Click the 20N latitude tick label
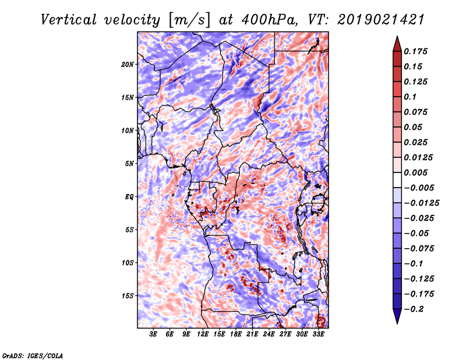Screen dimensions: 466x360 [x=128, y=64]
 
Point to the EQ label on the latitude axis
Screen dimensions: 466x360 [x=129, y=197]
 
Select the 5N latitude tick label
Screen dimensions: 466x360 [x=129, y=164]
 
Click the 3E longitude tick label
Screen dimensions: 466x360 [x=153, y=334]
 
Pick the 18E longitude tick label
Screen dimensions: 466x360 [x=236, y=334]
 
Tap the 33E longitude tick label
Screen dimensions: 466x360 [x=318, y=334]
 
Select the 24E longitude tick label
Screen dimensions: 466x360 [x=269, y=334]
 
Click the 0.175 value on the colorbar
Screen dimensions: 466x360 [x=416, y=51]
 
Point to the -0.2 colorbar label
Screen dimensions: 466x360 [x=414, y=309]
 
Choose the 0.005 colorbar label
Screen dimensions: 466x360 [x=416, y=172]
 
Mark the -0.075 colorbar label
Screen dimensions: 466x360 [x=419, y=249]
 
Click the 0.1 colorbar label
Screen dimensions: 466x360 [x=410, y=97]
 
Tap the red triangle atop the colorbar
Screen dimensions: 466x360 [x=397, y=44]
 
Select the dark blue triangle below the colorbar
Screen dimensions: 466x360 [x=397, y=316]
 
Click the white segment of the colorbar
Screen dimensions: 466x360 [x=397, y=180]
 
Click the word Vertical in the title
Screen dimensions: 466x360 [x=69, y=20]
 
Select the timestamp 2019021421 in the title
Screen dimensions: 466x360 [x=381, y=20]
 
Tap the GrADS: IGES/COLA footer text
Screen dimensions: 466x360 [x=33, y=356]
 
